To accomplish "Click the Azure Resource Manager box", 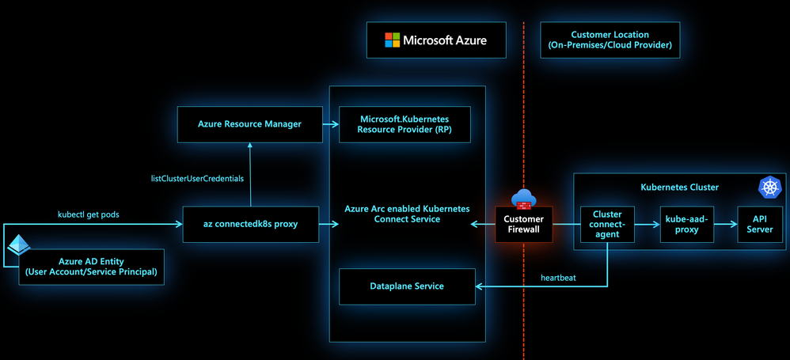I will point(250,124).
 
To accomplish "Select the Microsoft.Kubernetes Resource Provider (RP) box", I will point(404,124).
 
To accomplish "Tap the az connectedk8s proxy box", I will point(250,224).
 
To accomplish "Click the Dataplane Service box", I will point(407,286).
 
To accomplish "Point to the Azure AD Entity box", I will point(92,267).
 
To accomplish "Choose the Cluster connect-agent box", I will point(607,224).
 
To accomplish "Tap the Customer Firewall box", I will point(523,224).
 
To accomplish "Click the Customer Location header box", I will point(610,40).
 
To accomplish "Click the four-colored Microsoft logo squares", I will point(392,40).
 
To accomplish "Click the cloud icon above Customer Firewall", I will point(525,198).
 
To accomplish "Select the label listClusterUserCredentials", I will point(197,179).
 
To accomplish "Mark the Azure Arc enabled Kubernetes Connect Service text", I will point(407,214).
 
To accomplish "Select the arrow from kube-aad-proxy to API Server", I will point(724,224).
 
